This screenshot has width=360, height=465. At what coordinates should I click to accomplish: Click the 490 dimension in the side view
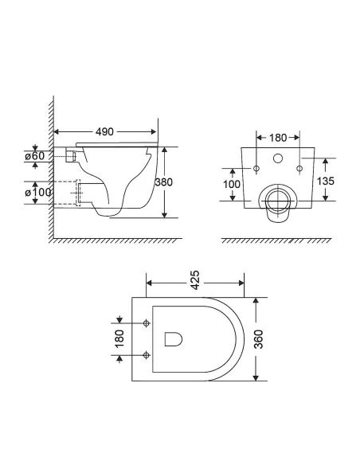click(x=105, y=127)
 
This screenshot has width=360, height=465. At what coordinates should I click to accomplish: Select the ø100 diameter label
click(x=37, y=193)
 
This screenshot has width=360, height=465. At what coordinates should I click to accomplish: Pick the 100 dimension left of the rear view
click(x=232, y=185)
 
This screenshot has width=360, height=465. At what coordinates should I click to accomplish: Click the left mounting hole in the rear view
click(x=256, y=170)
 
